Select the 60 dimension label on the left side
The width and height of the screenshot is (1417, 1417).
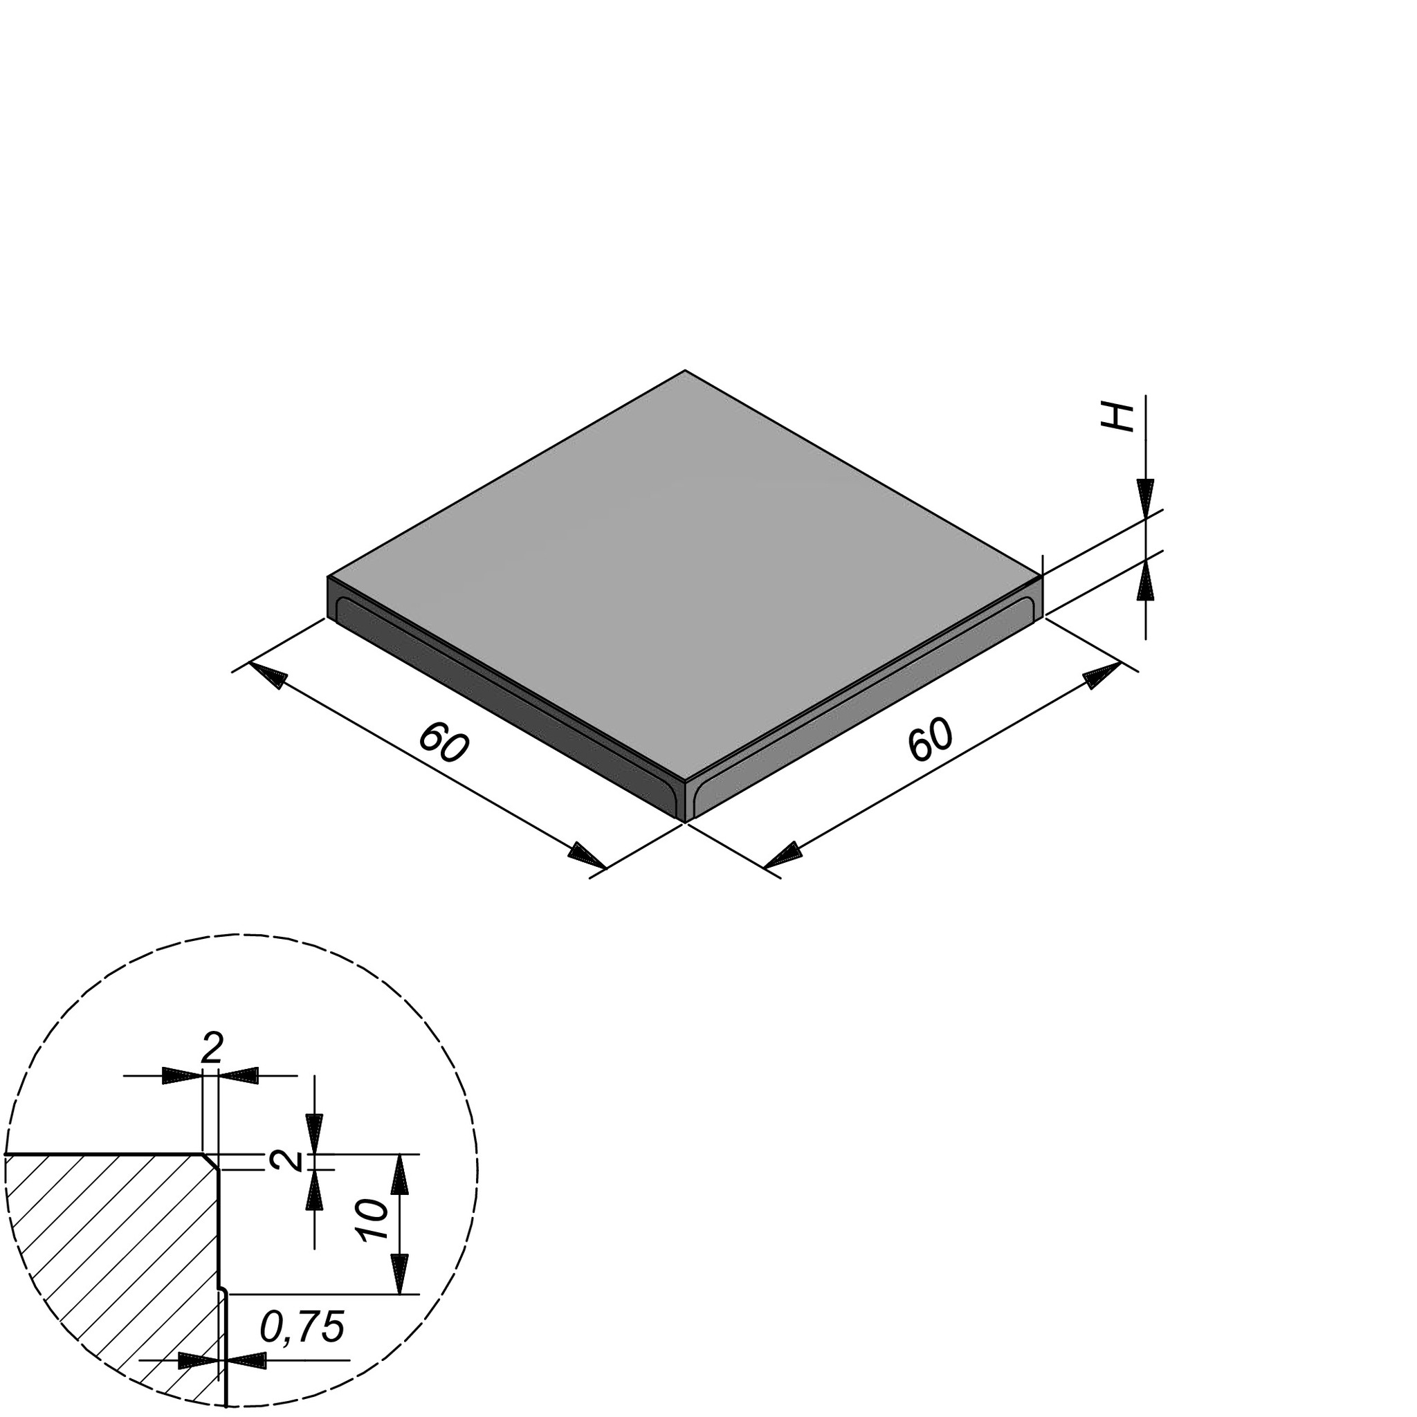click(x=443, y=743)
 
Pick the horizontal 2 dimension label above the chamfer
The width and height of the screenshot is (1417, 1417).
click(x=211, y=1050)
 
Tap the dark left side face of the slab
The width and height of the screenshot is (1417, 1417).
click(x=506, y=704)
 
